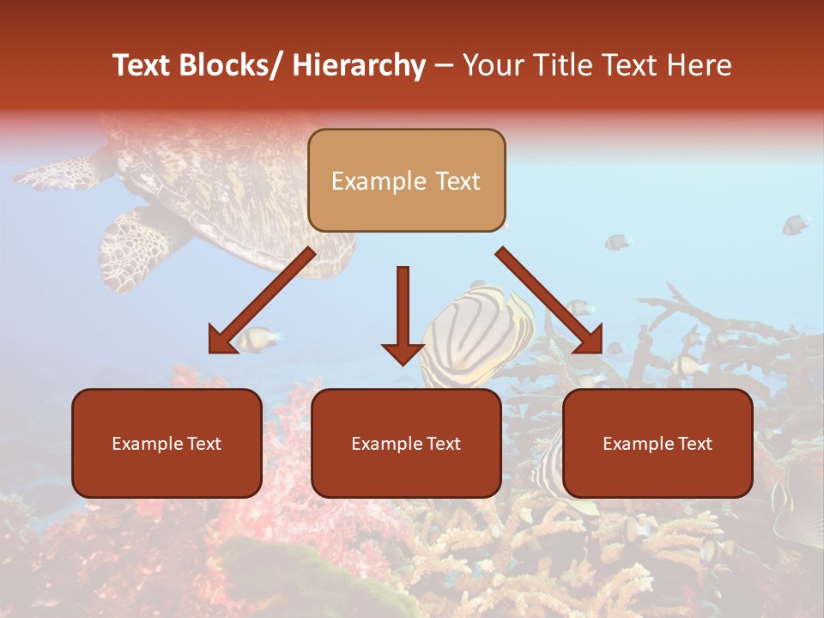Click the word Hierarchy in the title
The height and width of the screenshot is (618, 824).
tap(359, 66)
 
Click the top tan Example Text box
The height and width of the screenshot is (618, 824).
tap(406, 180)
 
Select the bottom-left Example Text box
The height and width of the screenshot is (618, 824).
tap(167, 443)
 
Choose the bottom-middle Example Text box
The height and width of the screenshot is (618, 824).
tap(406, 443)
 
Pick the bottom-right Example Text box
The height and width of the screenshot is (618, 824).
tap(657, 443)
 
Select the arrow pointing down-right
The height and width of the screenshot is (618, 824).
tap(549, 300)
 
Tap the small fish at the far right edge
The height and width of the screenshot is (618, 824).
tap(796, 225)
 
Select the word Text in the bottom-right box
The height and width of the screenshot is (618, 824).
tap(694, 444)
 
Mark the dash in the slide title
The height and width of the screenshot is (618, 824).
tap(444, 66)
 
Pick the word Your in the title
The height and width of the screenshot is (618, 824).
tap(492, 65)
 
